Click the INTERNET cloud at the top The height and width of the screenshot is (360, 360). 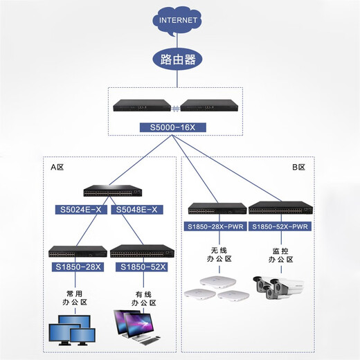[179, 20]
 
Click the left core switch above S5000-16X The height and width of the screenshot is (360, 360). [142, 107]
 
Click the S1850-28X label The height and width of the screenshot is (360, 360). [75, 266]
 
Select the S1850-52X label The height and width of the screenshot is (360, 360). [142, 266]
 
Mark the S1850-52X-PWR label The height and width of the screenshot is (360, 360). [280, 226]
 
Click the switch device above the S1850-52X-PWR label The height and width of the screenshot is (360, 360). [280, 208]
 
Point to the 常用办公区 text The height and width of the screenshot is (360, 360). [75, 298]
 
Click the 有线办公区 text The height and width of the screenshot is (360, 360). [143, 298]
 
